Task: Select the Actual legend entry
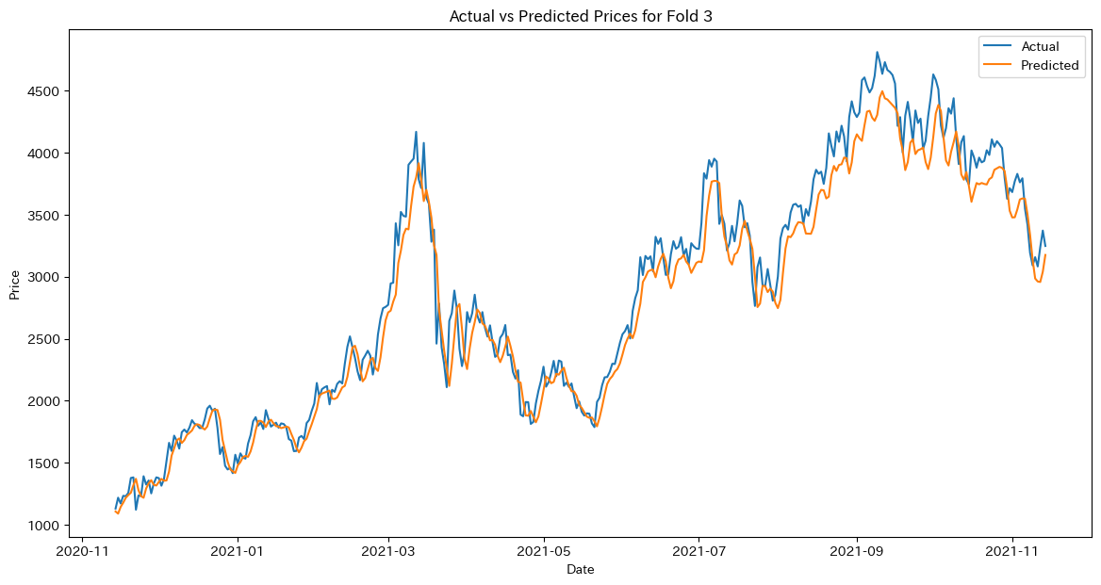click(1040, 46)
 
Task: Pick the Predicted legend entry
click(1049, 66)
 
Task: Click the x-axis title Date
click(580, 569)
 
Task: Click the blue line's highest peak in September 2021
click(877, 53)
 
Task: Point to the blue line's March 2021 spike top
click(416, 133)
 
